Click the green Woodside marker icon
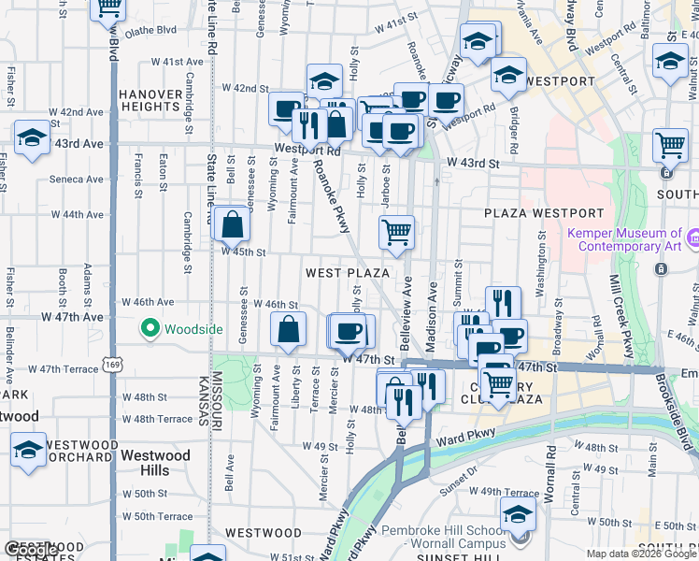coord(149,328)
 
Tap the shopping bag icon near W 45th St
coord(231,224)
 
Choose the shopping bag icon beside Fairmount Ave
coord(288,329)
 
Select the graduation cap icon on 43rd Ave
coord(32,138)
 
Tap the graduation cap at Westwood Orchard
coord(28,449)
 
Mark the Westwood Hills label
coord(155,463)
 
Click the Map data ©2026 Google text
coord(641,554)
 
